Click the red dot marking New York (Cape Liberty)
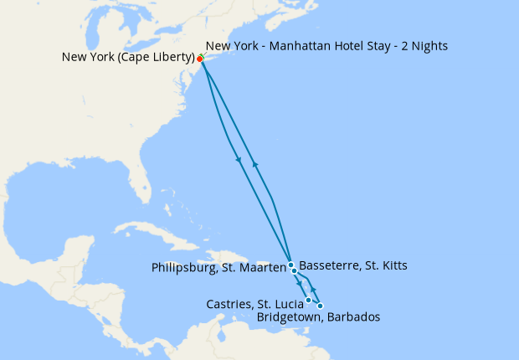(x=200, y=59)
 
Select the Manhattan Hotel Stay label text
(x=326, y=46)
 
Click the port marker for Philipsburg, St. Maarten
(x=290, y=265)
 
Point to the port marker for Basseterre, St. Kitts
(x=294, y=271)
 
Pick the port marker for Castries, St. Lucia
(x=309, y=300)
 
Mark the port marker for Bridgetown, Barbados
(x=320, y=306)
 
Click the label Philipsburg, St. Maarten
(x=219, y=269)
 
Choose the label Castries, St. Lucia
(x=254, y=303)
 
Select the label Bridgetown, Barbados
(x=318, y=317)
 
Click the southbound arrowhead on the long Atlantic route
(x=239, y=160)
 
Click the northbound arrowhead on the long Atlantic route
(x=254, y=164)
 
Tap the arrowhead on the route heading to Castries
(x=299, y=285)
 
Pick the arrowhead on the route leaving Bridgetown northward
(x=313, y=288)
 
